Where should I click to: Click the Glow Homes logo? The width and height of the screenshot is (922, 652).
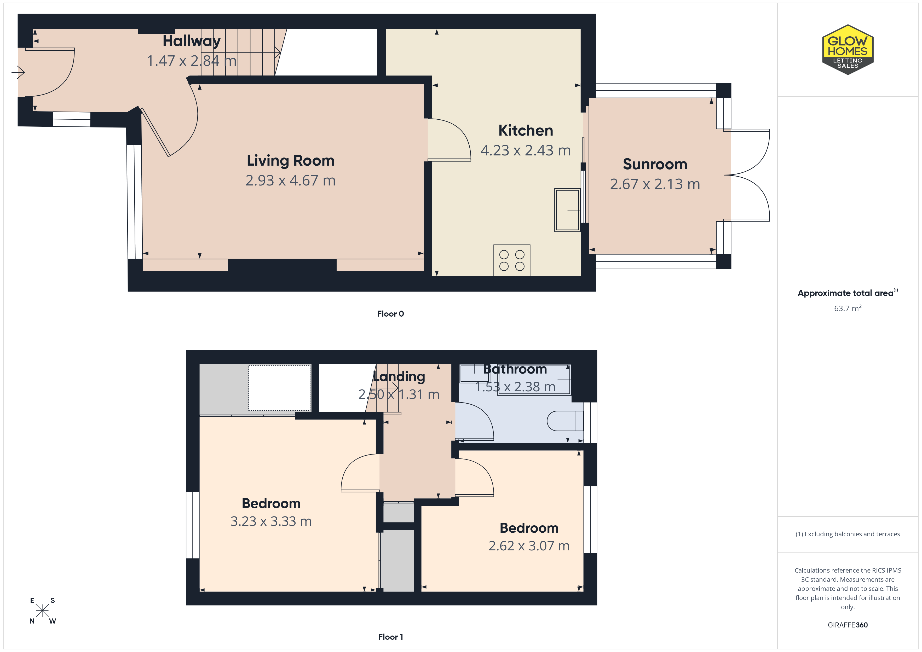point(848,50)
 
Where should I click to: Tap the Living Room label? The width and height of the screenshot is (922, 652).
point(290,161)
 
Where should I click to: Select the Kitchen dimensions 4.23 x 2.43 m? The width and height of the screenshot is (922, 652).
point(526,150)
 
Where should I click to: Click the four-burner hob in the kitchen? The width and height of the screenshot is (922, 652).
point(512,260)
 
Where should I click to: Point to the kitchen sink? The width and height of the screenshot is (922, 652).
point(567,210)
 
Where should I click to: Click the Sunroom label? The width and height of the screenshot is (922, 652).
point(655,164)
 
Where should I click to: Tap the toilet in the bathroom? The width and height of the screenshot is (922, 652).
point(565,421)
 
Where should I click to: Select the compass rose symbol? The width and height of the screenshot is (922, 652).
point(42,611)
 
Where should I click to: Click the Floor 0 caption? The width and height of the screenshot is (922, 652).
point(390,313)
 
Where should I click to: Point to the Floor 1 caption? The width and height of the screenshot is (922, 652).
point(390,637)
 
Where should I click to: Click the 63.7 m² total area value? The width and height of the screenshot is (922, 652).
point(848,308)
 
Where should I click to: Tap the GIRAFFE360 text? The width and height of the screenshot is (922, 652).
point(848,625)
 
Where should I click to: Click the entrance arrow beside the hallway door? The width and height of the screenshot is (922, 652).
point(18,72)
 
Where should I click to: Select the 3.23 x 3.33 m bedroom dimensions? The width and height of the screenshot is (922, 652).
point(271,521)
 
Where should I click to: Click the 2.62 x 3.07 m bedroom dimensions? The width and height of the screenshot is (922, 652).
point(529,546)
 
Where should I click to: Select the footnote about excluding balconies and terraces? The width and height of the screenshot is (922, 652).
point(848,534)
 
